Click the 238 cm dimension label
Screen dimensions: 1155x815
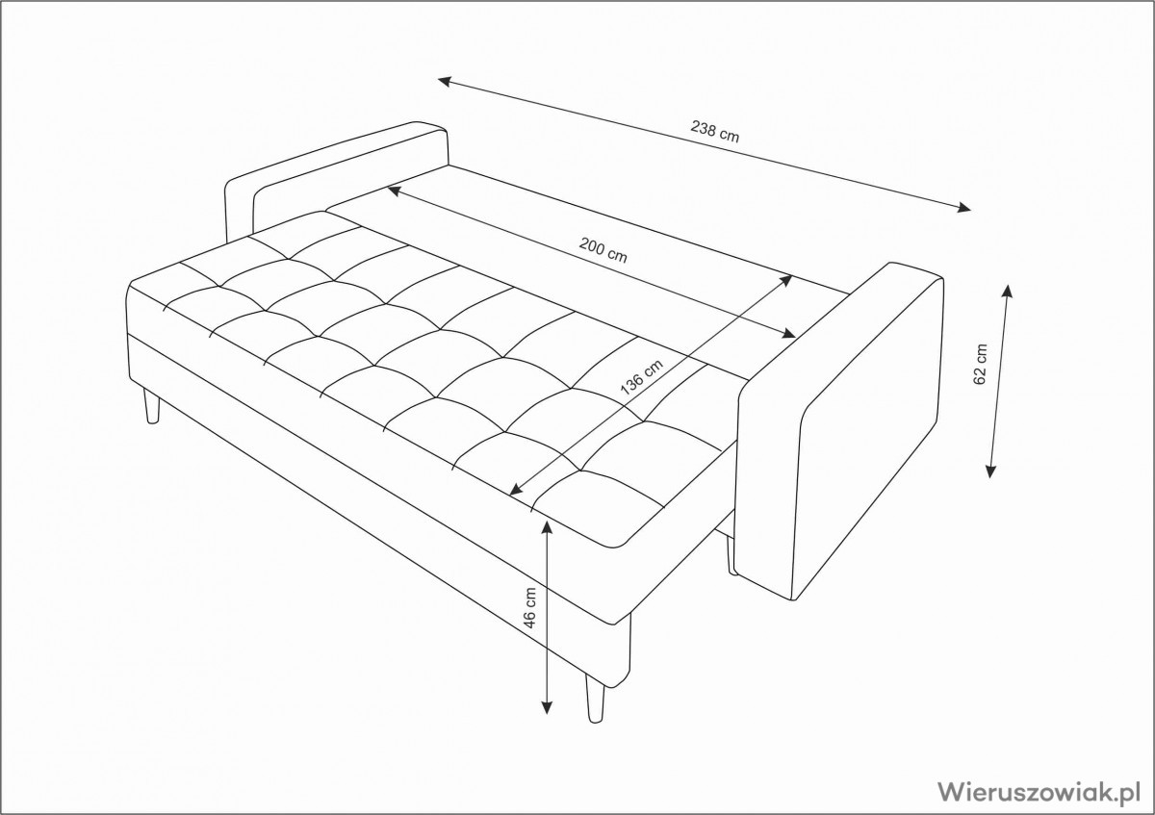click(x=714, y=132)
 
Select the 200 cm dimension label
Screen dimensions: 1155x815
click(x=603, y=250)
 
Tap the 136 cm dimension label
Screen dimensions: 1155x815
click(x=641, y=377)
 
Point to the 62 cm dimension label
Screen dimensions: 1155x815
click(x=980, y=364)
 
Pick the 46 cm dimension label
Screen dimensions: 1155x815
click(x=529, y=607)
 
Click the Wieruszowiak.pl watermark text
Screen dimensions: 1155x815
click(x=1038, y=792)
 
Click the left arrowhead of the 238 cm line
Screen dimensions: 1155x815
click(x=445, y=81)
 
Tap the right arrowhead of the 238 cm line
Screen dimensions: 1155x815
click(x=963, y=208)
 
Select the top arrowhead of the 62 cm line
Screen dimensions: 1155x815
click(x=1007, y=291)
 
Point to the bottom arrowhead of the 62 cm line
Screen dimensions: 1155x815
click(x=990, y=471)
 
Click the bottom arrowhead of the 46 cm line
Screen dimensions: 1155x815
click(x=547, y=706)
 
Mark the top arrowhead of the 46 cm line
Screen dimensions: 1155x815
click(x=547, y=527)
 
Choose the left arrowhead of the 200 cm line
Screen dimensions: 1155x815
click(x=395, y=191)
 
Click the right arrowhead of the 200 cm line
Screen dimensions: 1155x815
click(x=788, y=334)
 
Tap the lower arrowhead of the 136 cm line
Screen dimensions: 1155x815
click(x=516, y=490)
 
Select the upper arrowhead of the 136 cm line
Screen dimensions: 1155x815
click(x=784, y=280)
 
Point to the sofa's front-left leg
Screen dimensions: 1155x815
click(x=152, y=404)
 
